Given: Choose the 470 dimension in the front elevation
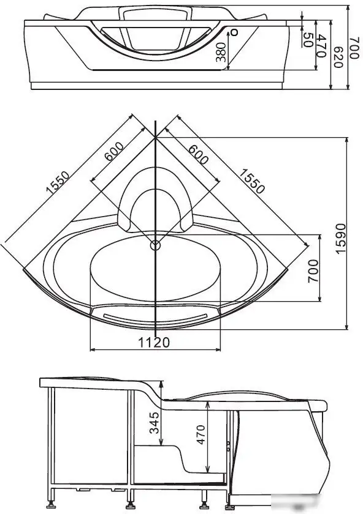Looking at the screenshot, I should click(320, 45).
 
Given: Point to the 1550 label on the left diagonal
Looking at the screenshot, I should click(58, 184).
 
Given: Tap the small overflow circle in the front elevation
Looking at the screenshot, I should click(233, 32).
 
